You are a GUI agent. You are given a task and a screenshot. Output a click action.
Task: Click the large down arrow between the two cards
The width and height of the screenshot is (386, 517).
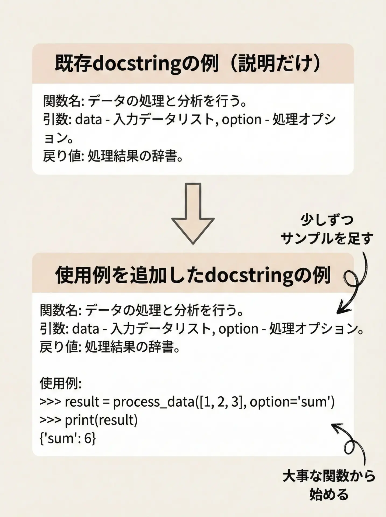pos(193,214)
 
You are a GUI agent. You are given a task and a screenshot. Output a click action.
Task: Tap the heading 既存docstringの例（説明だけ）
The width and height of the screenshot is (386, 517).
pos(188,64)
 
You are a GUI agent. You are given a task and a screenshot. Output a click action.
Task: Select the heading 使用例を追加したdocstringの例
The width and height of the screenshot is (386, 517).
pos(193,275)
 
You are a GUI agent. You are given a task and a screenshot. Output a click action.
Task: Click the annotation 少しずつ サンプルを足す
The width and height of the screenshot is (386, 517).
pos(327,229)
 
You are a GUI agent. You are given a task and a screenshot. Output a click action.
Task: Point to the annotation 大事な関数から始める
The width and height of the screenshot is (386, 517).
pos(329,485)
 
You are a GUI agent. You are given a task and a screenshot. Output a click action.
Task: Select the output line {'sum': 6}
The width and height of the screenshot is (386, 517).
pos(68,438)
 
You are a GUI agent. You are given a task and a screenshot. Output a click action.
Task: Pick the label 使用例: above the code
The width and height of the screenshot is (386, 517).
pos(61,383)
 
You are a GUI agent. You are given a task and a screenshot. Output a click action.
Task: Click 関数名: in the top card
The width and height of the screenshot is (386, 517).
pos(64,101)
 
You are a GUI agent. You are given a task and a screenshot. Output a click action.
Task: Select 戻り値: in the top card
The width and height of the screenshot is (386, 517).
pos(64,156)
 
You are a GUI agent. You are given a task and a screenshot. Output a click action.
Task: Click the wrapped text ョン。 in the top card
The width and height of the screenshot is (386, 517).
pos(59,138)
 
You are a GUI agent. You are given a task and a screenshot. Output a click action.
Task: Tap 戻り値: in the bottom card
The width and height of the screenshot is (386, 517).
pos(61,347)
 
